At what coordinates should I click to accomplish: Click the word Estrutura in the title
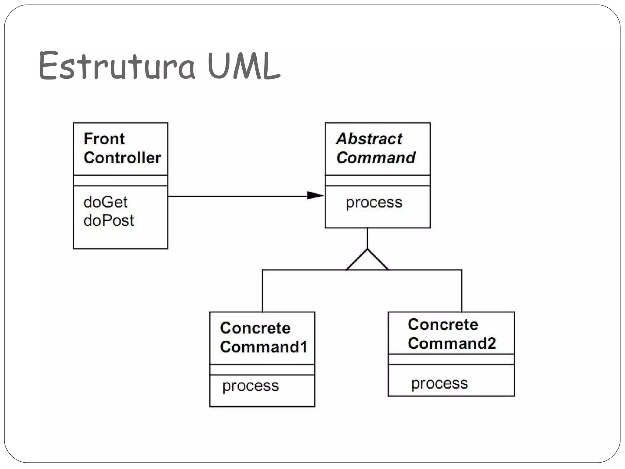pos(117,66)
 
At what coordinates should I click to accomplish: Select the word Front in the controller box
pos(104,139)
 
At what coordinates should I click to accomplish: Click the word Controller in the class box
pos(122,158)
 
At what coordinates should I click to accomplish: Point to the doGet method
pos(105,202)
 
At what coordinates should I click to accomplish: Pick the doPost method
pos(109,220)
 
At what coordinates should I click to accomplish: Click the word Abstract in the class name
pos(369,139)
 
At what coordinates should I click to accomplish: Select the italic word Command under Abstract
pos(376,158)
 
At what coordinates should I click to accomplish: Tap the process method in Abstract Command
pos(374,203)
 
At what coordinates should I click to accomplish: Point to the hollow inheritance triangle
pos(367,262)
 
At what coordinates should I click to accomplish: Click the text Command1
pos(263,347)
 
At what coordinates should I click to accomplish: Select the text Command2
pos(452,343)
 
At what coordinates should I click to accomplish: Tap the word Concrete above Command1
pos(255,328)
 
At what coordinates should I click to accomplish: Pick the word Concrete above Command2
pos(443,324)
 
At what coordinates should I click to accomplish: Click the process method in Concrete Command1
pos(251,386)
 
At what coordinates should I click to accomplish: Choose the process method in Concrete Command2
pos(439,383)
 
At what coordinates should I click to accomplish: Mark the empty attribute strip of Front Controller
pos(121,181)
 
